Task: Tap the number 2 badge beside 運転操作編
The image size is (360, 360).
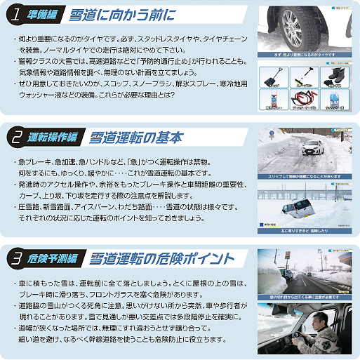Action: click(15, 137)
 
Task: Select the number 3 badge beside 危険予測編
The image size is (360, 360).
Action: click(15, 258)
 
